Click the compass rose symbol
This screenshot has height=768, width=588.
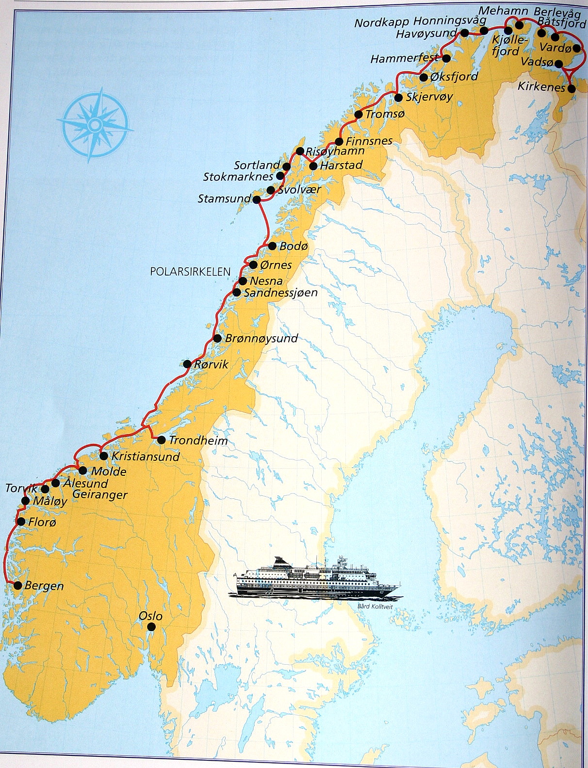[96, 124]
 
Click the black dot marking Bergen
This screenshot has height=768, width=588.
[17, 585]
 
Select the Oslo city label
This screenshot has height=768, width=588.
[150, 616]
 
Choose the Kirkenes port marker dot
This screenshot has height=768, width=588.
[572, 89]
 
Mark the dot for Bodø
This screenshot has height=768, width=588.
[272, 246]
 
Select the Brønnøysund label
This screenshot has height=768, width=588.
[261, 338]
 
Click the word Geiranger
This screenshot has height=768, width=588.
[99, 495]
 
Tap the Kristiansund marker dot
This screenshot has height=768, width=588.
[104, 456]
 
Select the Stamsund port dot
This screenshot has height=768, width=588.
[257, 199]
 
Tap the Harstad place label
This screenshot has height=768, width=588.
[342, 165]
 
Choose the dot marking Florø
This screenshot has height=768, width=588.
[20, 522]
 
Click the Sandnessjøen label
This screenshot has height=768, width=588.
[280, 293]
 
